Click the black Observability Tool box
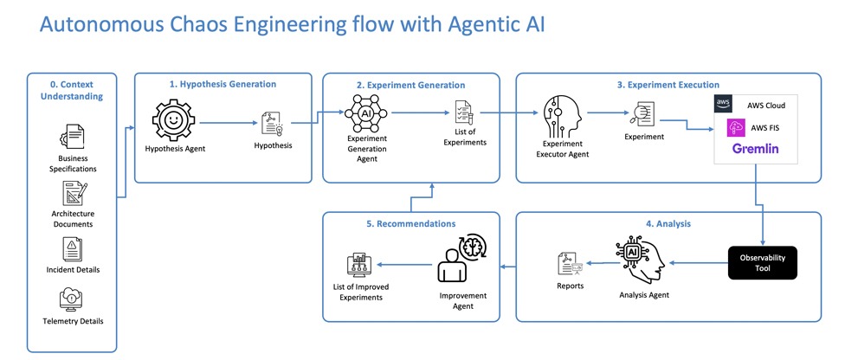coord(761,263)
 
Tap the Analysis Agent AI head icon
coord(637,258)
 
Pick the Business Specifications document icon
coord(72,138)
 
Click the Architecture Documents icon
coord(72,192)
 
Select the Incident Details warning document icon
coord(72,249)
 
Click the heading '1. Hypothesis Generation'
coord(223,84)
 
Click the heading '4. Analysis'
coord(668,224)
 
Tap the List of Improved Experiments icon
coord(358,264)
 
